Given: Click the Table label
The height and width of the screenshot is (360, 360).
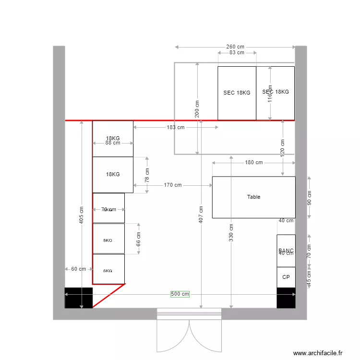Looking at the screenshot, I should (253, 197).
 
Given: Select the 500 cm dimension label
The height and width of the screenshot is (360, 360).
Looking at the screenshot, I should (180, 294).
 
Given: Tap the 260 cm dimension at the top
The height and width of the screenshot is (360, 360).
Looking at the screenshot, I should (235, 47).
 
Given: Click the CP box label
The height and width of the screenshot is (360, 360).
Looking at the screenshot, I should (286, 277).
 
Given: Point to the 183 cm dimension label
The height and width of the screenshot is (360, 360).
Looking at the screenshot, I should (175, 127).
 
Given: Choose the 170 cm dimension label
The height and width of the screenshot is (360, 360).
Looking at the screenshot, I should (172, 185).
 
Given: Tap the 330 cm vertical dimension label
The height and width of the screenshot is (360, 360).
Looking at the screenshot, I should (231, 232).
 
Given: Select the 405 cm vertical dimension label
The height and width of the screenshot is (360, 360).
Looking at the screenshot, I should (82, 215).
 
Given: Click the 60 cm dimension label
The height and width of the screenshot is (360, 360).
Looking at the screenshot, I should (78, 269).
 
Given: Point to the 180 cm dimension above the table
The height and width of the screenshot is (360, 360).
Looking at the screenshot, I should (254, 163).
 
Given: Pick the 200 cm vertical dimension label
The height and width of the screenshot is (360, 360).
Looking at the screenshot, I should (197, 108).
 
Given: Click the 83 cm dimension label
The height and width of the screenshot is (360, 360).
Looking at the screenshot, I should (236, 53).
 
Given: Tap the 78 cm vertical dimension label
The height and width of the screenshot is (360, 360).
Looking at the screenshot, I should (147, 175).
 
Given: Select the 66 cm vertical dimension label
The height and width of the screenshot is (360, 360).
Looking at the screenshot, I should (139, 239).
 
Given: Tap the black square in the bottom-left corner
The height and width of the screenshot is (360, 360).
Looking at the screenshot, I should (79, 298).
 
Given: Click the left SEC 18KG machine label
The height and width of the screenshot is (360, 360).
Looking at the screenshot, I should (237, 93).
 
